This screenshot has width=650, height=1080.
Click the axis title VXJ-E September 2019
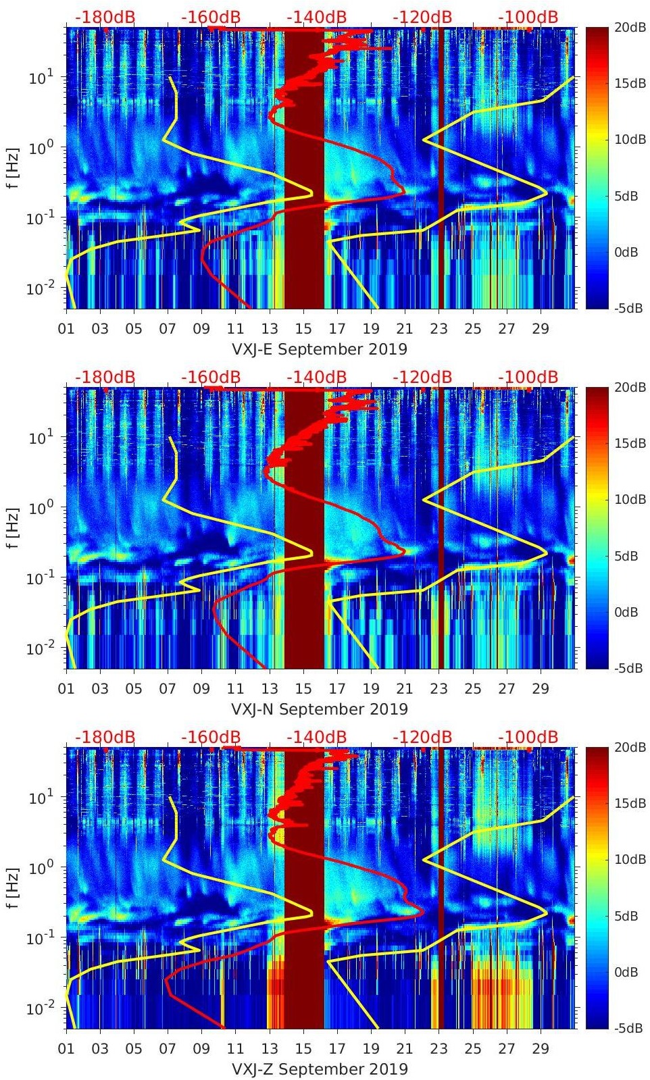(x=320, y=349)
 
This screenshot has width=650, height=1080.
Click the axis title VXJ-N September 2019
(x=320, y=709)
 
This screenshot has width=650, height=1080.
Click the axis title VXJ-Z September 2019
(x=320, y=1069)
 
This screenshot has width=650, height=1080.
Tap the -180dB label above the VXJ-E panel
(x=105, y=17)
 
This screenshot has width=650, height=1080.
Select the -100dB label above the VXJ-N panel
(x=528, y=377)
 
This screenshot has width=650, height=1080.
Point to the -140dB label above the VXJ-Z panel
(x=317, y=737)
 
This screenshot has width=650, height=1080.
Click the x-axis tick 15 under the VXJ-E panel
(x=303, y=329)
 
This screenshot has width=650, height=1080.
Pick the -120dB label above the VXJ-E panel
(x=422, y=17)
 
